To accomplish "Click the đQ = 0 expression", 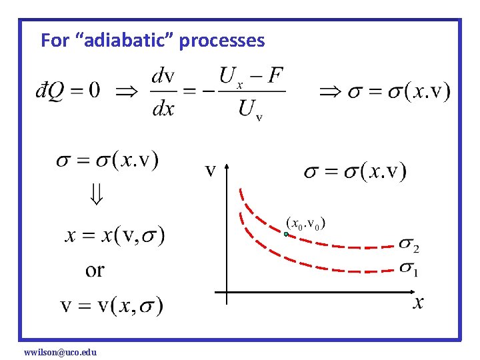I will click(x=67, y=90).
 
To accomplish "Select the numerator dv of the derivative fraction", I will click(x=164, y=75).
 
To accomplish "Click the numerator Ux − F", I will click(x=251, y=75).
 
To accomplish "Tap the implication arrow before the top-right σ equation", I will click(x=331, y=91).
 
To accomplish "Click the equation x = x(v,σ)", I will click(x=115, y=235).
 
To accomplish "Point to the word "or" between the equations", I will click(x=95, y=270).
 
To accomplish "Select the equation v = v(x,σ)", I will click(x=111, y=305).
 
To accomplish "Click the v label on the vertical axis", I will click(x=210, y=171).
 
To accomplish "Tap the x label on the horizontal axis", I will click(x=417, y=303).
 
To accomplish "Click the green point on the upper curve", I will click(x=285, y=234).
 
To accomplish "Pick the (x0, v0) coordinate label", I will click(x=306, y=222).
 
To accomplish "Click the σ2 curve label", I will click(x=409, y=245).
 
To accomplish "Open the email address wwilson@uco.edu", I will click(x=60, y=351).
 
